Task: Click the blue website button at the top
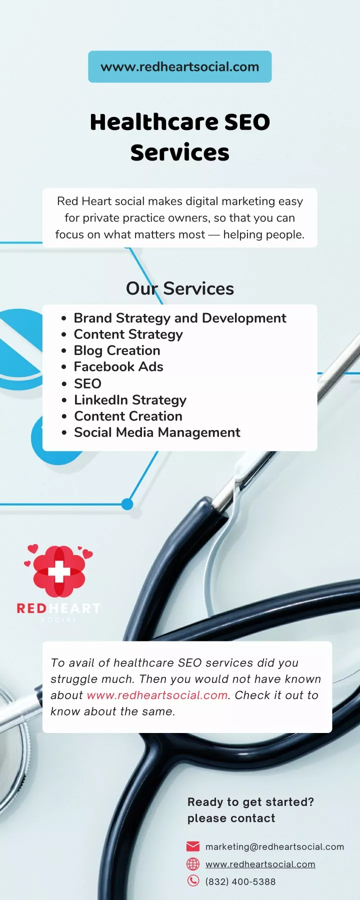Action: click(x=180, y=66)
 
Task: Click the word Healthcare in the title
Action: click(x=154, y=122)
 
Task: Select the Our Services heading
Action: click(x=180, y=288)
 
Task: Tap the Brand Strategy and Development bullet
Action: click(x=180, y=318)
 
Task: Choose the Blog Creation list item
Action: click(x=117, y=350)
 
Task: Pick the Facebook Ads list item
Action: click(x=118, y=366)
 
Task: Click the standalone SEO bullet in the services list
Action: click(x=87, y=383)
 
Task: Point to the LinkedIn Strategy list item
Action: click(x=130, y=400)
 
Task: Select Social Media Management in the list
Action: click(x=157, y=432)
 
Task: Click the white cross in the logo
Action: click(x=59, y=571)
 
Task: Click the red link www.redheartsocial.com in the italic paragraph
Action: click(x=157, y=695)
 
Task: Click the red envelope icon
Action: click(x=193, y=846)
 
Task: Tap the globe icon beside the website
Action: click(x=193, y=864)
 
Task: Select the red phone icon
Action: click(x=193, y=881)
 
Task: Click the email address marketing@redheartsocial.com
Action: click(x=274, y=847)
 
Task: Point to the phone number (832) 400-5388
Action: click(x=240, y=881)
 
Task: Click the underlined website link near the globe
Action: click(x=260, y=864)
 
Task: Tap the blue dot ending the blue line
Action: click(x=127, y=504)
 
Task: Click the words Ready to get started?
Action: click(x=250, y=802)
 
